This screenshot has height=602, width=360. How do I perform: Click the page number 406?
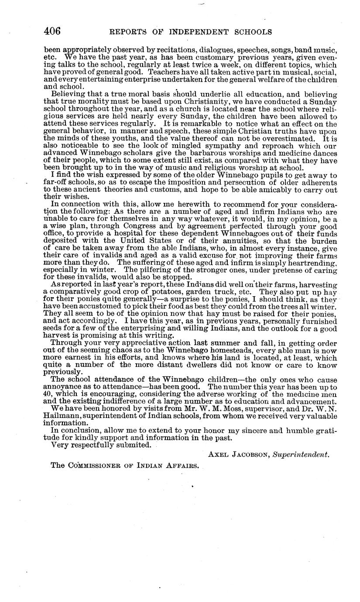click(52, 31)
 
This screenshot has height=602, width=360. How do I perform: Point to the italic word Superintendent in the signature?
click(301, 454)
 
